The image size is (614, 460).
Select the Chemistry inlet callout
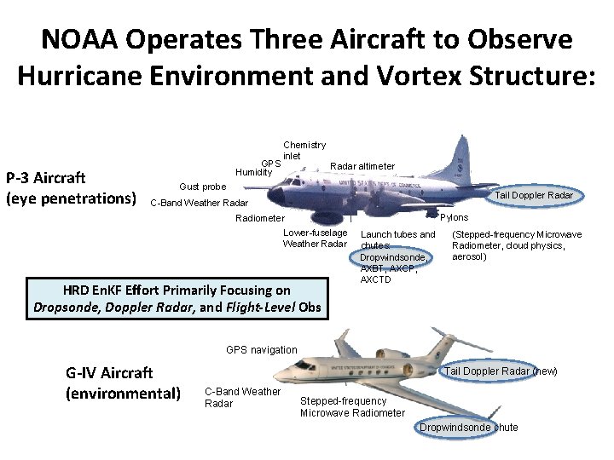point(304,150)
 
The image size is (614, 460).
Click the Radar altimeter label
point(362,166)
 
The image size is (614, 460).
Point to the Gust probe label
point(202,187)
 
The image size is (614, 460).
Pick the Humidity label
point(253,172)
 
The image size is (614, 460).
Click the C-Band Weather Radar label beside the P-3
point(199,203)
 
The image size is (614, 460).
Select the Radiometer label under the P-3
point(260,219)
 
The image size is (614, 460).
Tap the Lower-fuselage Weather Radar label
point(315,239)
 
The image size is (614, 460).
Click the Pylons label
point(454,218)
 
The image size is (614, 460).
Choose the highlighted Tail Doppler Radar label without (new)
point(536,196)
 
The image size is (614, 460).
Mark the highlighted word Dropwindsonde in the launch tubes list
point(392,256)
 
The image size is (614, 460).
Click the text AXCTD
point(376,279)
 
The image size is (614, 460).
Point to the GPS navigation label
point(261,350)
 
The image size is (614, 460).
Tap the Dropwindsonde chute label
point(468,428)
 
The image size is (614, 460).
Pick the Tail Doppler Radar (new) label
point(501,371)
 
